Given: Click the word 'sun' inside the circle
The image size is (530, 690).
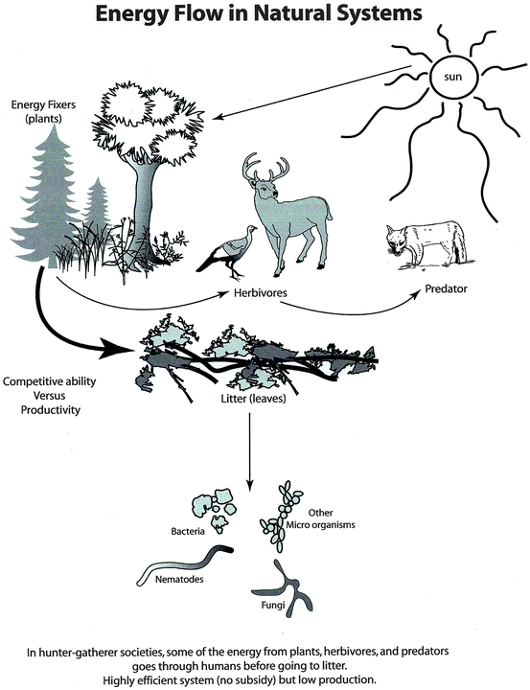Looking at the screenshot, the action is [453, 77].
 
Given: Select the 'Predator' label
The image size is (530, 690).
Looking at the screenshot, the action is [446, 289].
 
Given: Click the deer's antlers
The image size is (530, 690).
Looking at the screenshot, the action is [265, 167].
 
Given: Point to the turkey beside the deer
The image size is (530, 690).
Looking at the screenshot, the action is [228, 254].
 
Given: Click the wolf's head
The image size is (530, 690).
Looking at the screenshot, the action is [396, 241].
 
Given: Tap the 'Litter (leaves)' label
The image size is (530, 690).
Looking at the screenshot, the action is [253, 399].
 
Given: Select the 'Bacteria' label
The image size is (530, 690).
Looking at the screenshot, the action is [188, 532].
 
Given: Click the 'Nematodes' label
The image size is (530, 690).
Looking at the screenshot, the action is [179, 580].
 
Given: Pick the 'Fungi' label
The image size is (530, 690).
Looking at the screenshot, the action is [273, 605].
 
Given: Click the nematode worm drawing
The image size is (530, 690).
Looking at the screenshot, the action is [184, 565].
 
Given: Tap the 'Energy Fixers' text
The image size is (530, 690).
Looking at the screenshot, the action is [43, 104].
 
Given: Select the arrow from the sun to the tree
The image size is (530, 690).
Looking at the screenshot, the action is [311, 93].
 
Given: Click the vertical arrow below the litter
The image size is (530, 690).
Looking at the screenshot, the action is [249, 452].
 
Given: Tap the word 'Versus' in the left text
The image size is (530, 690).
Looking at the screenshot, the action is [49, 395].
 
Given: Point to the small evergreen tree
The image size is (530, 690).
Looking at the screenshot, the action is [97, 203].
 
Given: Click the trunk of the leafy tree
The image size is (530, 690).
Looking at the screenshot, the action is [144, 203].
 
